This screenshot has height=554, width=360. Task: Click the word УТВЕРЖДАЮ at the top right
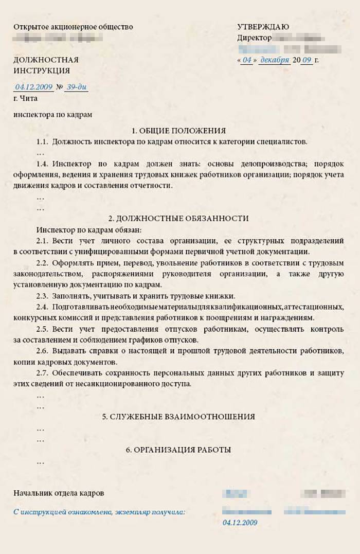pos(263,27)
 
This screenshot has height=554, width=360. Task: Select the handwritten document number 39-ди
pos(77,87)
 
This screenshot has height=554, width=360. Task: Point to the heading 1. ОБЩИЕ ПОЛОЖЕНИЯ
pos(178,131)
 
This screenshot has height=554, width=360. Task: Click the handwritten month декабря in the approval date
pos(275,60)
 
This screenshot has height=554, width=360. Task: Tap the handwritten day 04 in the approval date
pos(247,60)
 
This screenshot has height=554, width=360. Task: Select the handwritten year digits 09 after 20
pos(307,60)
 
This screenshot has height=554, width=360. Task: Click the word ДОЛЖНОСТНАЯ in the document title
pos(46,60)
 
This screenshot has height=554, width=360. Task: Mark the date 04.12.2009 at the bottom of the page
pos(240,523)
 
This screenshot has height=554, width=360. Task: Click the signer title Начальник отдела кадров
pos(59,493)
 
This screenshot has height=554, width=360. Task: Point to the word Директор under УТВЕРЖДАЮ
pos(254,38)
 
